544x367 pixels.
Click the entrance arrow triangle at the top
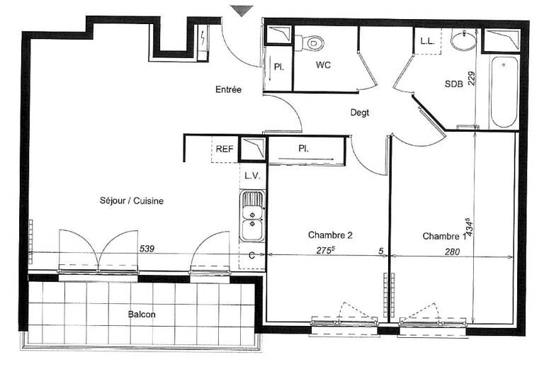[x=241, y=11]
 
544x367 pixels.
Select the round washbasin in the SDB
[x=464, y=40]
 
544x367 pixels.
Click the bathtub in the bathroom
[x=504, y=92]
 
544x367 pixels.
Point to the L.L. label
[x=427, y=41]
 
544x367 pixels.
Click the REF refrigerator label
[x=225, y=149]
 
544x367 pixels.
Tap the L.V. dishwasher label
[x=252, y=176]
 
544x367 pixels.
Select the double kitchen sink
[x=252, y=216]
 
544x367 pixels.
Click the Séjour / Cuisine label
[x=132, y=201]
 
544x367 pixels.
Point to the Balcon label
[x=142, y=315]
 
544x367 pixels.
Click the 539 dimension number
[x=147, y=249]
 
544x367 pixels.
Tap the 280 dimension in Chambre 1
[x=453, y=252]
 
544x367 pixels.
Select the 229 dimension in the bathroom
[x=471, y=79]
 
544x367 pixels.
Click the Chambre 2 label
[x=330, y=235]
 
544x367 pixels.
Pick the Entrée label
[x=228, y=89]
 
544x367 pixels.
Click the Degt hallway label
[x=360, y=113]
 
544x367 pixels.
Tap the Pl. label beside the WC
[x=279, y=67]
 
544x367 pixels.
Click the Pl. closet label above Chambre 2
[x=304, y=149]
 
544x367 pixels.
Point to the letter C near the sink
[x=252, y=256]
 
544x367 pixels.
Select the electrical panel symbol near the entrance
[x=203, y=38]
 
